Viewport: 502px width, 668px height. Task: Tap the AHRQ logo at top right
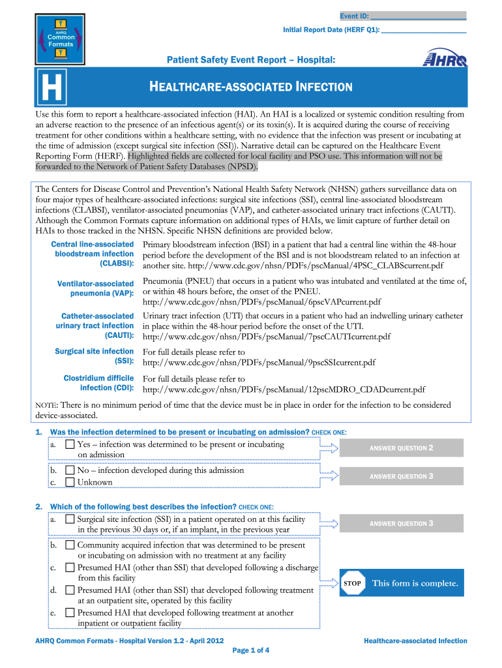click(x=445, y=59)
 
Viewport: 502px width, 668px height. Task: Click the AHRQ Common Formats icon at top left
click(x=60, y=36)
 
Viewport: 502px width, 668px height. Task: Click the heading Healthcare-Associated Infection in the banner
click(x=252, y=87)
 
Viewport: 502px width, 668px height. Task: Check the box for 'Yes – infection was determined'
click(x=70, y=445)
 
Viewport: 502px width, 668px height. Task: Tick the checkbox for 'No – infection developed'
click(x=70, y=470)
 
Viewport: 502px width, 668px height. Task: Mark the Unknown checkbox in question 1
click(x=70, y=482)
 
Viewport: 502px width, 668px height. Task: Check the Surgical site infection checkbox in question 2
click(x=70, y=519)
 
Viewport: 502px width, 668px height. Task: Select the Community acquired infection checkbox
click(x=70, y=545)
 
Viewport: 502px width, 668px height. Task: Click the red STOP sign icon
click(x=352, y=583)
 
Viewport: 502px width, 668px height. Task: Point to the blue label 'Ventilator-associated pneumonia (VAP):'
click(x=95, y=290)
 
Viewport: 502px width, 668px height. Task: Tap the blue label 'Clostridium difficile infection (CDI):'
click(x=98, y=383)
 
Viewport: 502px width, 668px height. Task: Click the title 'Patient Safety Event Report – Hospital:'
click(x=252, y=60)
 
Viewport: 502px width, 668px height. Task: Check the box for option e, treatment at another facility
click(x=70, y=613)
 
